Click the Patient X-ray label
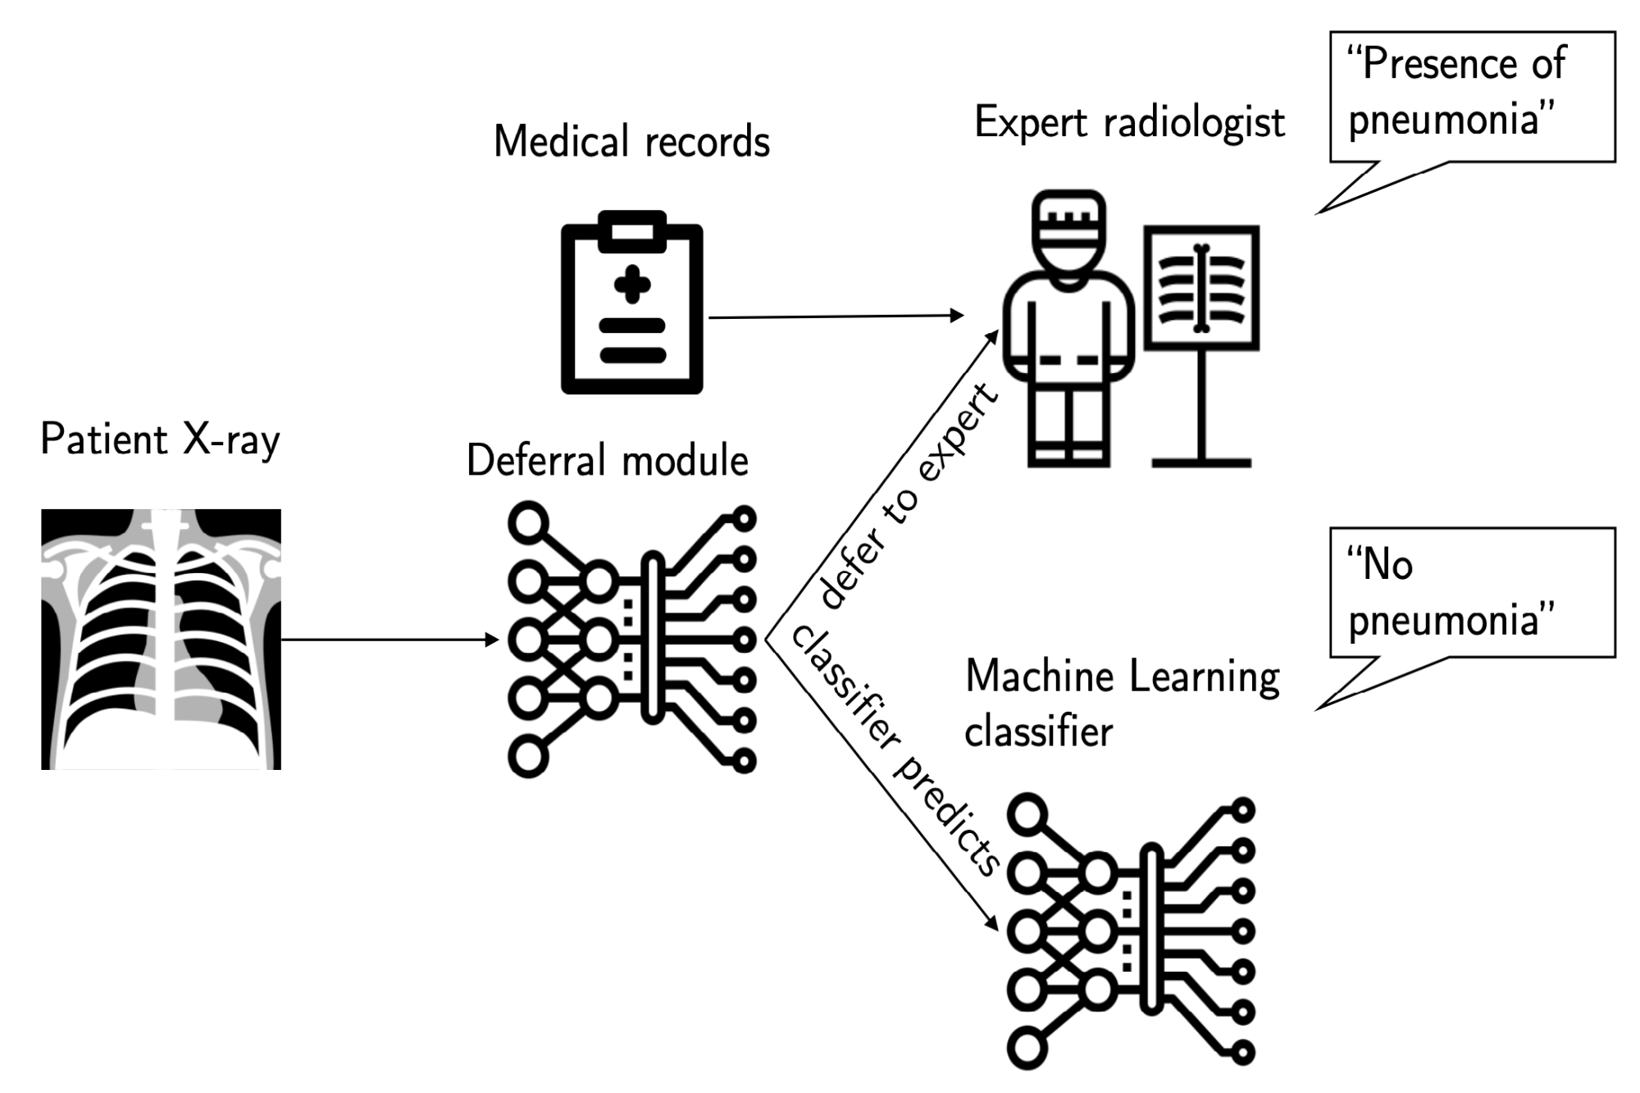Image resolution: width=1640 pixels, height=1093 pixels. [161, 439]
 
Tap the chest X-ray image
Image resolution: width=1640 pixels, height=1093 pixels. [161, 639]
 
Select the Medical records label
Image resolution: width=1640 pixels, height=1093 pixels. [631, 142]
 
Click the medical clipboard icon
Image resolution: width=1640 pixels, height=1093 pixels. [631, 303]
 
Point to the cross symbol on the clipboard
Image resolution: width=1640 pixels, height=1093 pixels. [632, 285]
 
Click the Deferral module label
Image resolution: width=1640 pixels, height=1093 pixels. [607, 460]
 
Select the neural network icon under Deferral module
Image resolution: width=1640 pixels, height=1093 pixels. [631, 639]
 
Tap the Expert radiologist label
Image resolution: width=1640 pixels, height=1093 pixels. [1129, 123]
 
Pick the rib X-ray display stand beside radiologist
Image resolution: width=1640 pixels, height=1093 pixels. [1201, 344]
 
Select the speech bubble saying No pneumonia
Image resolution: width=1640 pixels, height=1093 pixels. [1472, 592]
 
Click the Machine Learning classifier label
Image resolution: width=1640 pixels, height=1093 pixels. [1121, 703]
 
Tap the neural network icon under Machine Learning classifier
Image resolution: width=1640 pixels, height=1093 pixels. [1132, 931]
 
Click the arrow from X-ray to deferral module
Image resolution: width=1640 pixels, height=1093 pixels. [389, 639]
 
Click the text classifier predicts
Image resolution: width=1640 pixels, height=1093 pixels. [894, 750]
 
